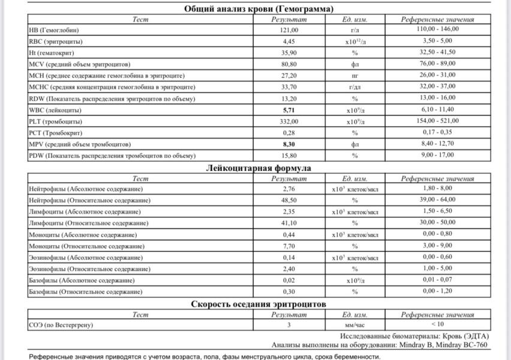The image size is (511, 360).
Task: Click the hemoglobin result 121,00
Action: (289, 29)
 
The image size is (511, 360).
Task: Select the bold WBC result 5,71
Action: (289, 110)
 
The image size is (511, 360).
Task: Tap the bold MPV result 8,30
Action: (289, 145)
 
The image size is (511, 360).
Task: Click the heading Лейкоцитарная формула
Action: (258, 169)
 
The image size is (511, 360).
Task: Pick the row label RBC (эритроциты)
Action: (56, 41)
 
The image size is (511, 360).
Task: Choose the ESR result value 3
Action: (289, 325)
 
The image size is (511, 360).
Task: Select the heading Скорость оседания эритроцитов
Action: (258, 304)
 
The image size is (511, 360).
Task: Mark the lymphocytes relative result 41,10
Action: (289, 223)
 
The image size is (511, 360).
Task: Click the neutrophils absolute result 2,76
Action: (289, 189)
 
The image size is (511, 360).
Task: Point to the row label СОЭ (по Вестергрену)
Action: (62, 325)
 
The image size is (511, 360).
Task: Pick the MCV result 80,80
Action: (289, 64)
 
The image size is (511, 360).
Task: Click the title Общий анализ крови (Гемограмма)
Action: (258, 9)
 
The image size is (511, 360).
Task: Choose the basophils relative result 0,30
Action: (289, 292)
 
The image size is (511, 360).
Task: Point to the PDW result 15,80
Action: (289, 156)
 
